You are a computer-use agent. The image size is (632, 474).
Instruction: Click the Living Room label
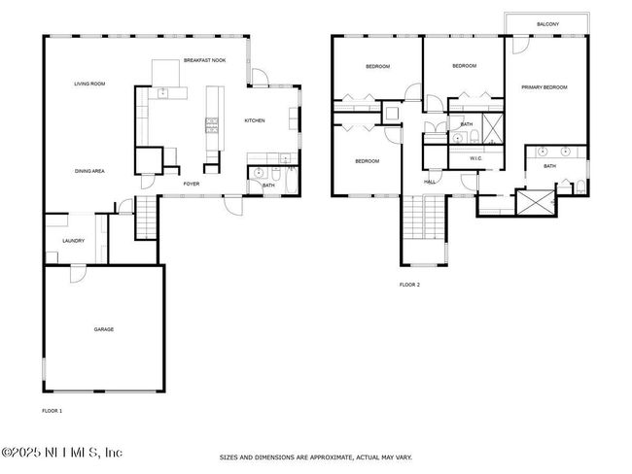[89, 84]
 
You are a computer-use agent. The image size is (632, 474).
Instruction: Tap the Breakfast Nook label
[205, 60]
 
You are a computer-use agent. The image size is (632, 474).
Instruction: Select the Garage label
[104, 329]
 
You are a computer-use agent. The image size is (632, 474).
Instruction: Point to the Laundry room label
[73, 241]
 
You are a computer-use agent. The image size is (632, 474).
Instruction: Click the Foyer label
[192, 184]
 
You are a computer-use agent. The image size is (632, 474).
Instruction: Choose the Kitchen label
[255, 120]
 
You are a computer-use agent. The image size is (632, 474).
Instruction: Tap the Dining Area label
[89, 171]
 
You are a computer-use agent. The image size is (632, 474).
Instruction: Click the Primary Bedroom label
[544, 87]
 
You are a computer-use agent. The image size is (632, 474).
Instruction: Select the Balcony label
[547, 24]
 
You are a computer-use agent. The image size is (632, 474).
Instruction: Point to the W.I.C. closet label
[475, 158]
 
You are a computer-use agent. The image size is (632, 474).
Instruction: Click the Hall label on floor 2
[430, 182]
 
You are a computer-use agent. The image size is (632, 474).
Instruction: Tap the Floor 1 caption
[52, 411]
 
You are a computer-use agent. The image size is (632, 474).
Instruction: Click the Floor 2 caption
[409, 285]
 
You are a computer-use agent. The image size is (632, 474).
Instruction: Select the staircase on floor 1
[146, 217]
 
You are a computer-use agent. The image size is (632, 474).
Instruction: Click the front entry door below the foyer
[233, 205]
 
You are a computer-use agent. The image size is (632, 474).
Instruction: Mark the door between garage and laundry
[78, 273]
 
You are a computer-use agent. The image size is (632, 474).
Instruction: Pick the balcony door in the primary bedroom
[520, 45]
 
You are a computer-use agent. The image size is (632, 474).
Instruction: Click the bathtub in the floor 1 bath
[291, 181]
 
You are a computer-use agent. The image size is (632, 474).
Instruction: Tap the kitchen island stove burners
[212, 125]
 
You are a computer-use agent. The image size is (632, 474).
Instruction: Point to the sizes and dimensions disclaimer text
[316, 457]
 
